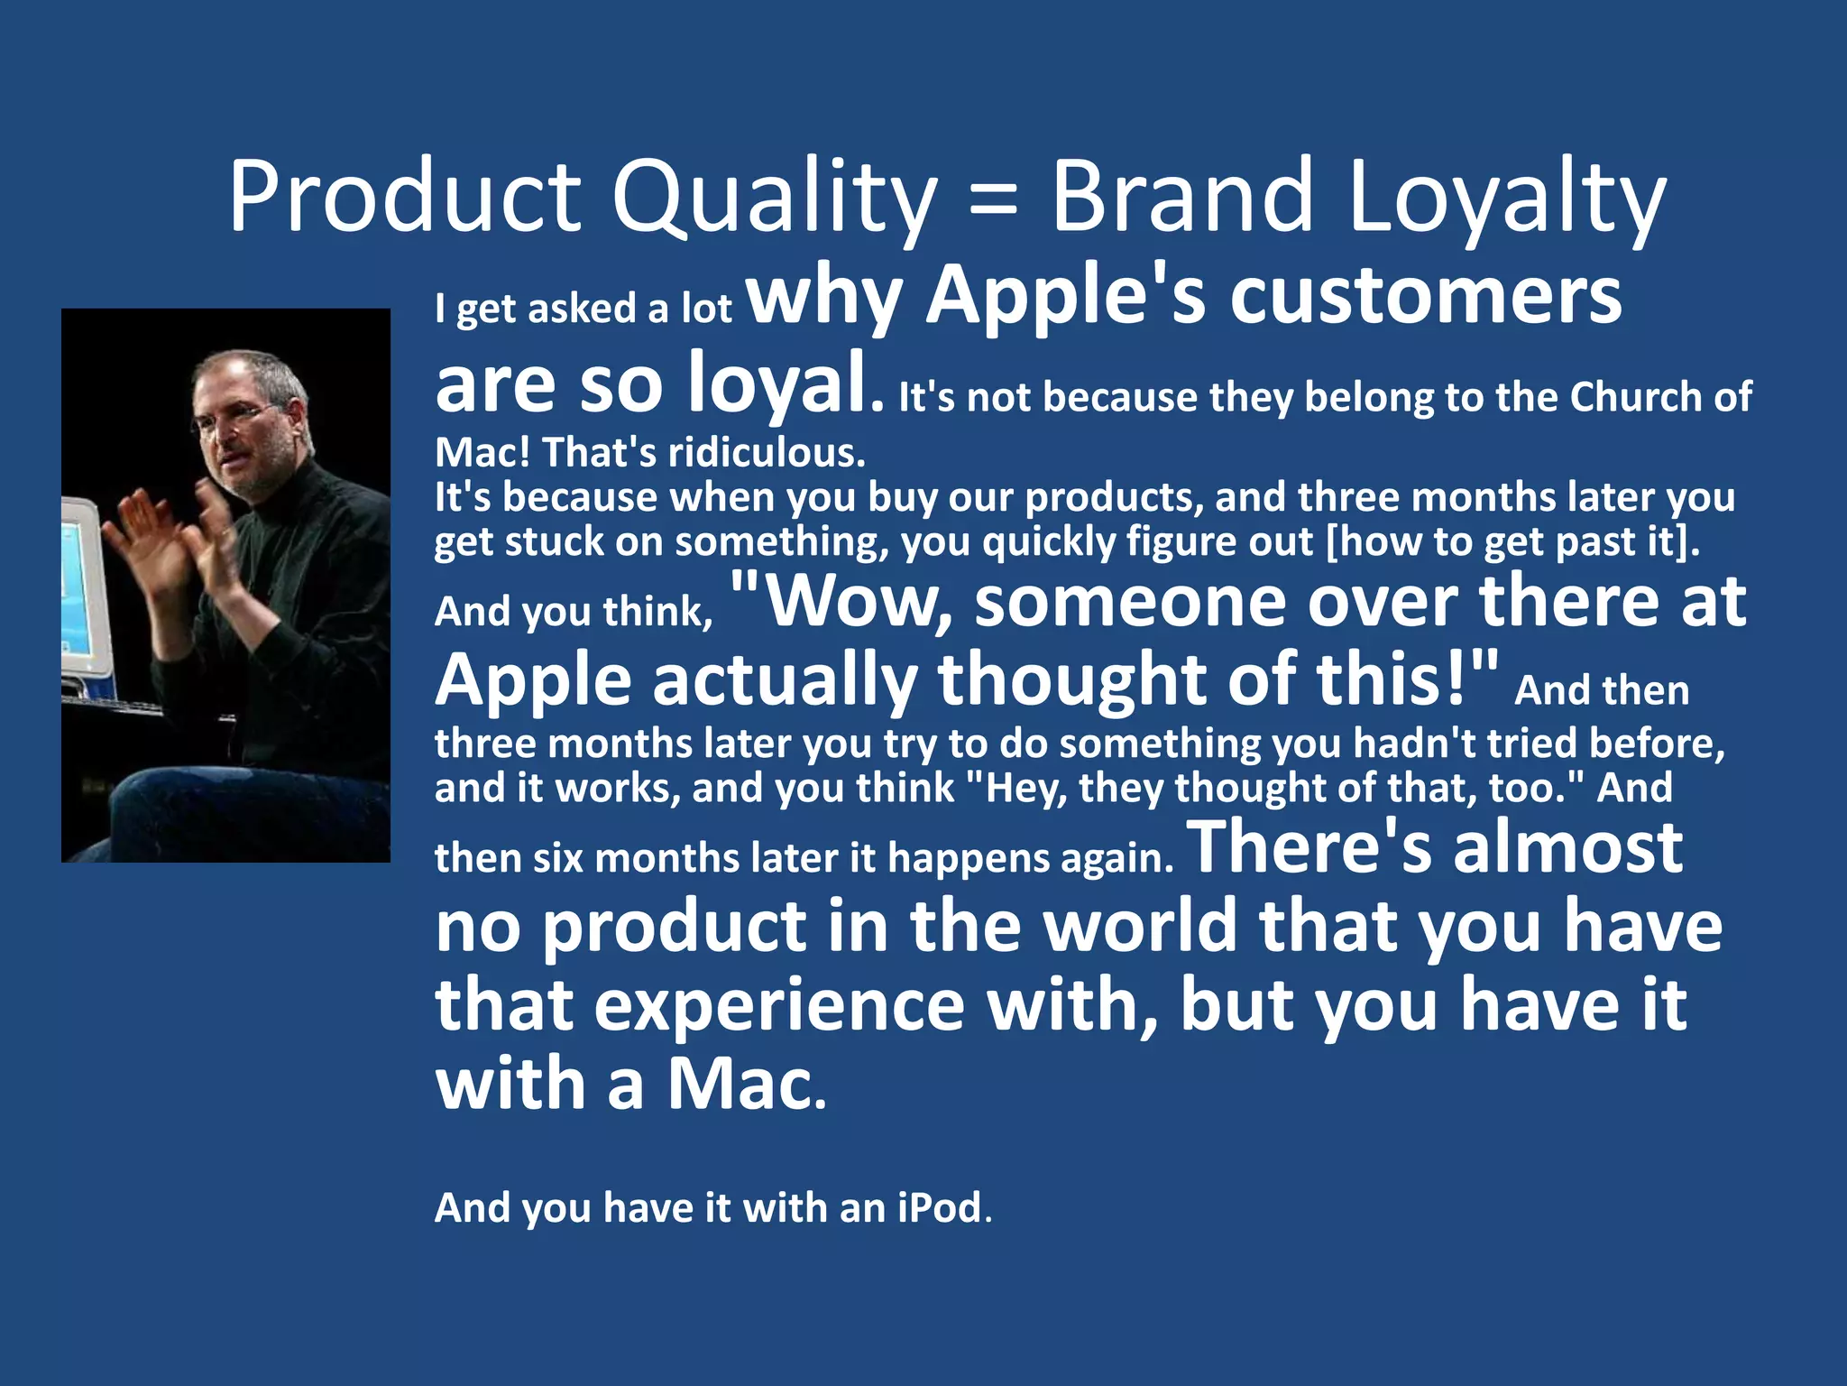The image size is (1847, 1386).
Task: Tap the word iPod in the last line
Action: pyautogui.click(x=938, y=1207)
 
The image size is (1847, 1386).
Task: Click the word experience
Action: pyautogui.click(x=780, y=1005)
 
